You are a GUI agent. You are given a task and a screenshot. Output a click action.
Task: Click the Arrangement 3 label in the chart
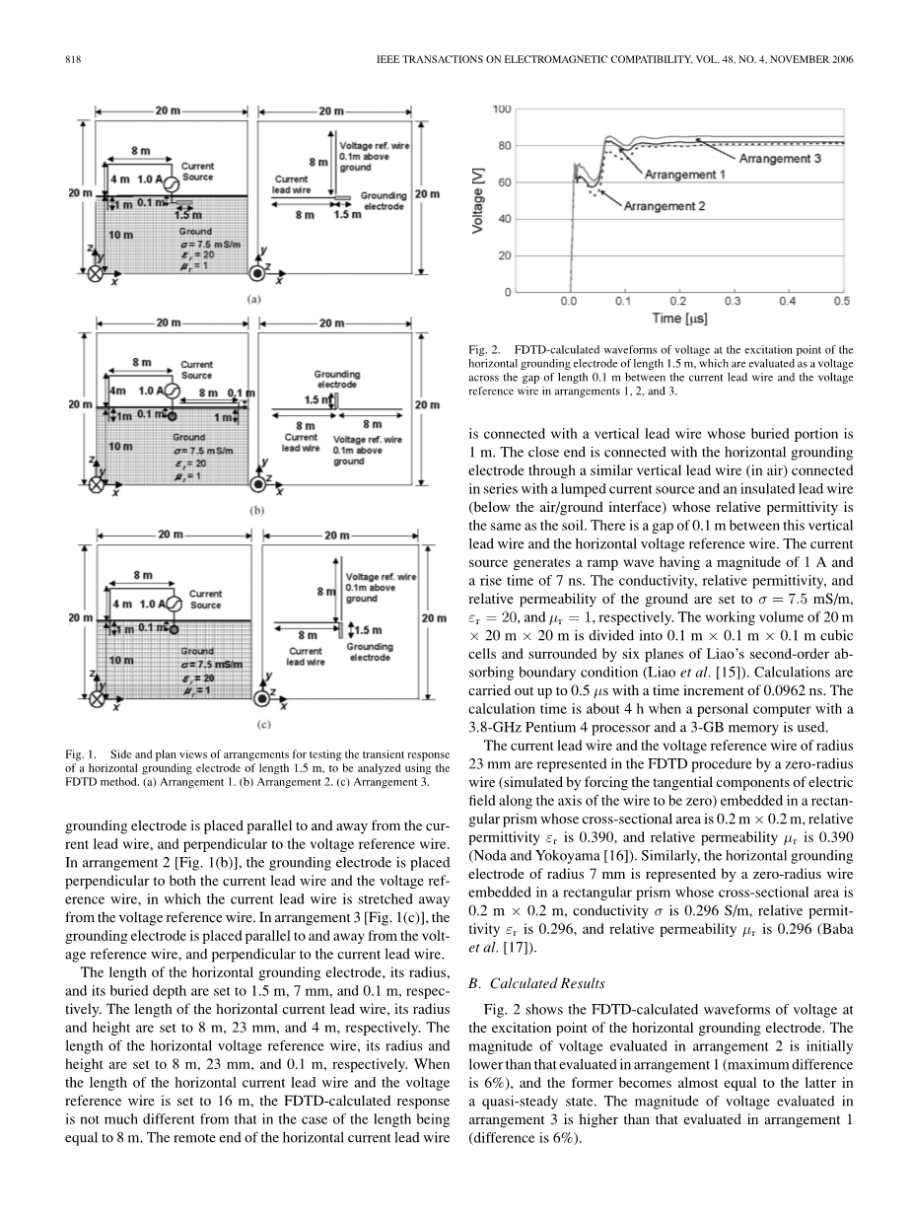point(780,158)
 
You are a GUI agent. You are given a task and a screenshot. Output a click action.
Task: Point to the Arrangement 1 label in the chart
point(685,175)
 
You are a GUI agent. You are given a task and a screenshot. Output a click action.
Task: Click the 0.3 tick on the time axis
point(733,301)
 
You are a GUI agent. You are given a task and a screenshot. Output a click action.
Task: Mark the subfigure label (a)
point(253,298)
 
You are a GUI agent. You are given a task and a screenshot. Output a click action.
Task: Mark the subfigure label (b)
point(253,510)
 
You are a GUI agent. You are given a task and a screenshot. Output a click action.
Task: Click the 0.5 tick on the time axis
point(842,301)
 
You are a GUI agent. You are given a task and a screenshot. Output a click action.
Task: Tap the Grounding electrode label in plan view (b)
point(336,379)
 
